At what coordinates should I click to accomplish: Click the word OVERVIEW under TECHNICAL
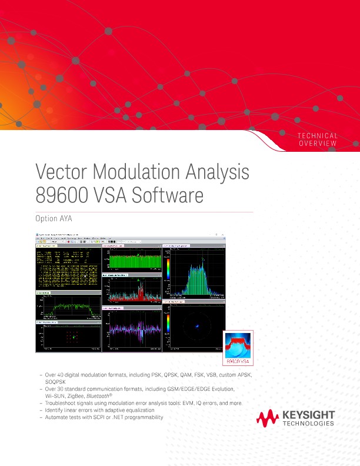click(318, 144)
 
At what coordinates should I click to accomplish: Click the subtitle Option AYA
click(56, 219)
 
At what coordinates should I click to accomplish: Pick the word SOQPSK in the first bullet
click(56, 381)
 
